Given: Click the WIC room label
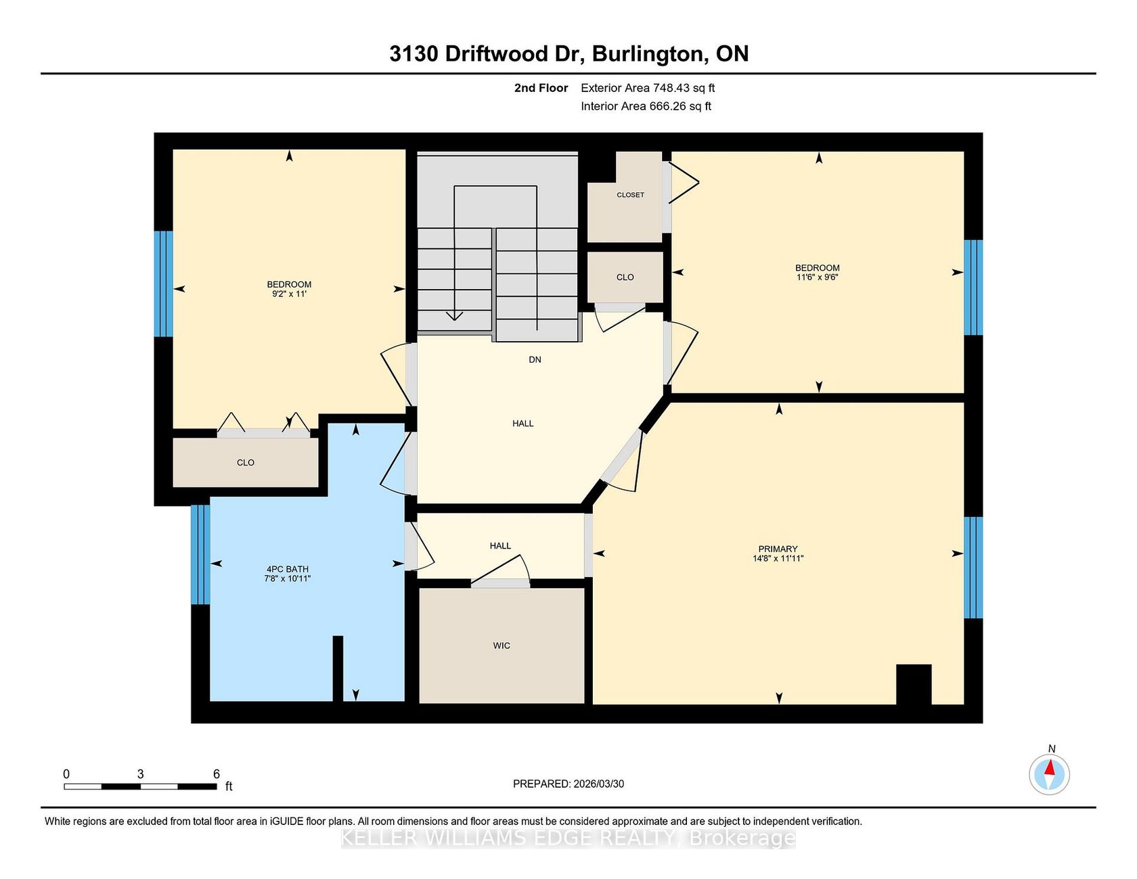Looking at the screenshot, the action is click(x=501, y=646).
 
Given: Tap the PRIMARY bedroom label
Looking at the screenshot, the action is click(x=778, y=549).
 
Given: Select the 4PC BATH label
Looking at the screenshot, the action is click(x=288, y=569).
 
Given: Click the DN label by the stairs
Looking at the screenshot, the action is click(x=535, y=359).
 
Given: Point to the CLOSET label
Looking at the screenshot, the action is click(x=630, y=195).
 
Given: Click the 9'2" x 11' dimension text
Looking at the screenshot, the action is click(x=289, y=294).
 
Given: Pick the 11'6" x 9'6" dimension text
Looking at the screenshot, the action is click(x=818, y=277).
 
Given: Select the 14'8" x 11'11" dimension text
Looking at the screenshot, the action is click(x=778, y=558).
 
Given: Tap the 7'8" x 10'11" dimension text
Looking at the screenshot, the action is click(x=288, y=579).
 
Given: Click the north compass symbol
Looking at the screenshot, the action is click(x=1050, y=774).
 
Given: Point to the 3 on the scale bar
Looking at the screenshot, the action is click(x=140, y=774).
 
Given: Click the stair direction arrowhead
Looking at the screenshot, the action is click(x=454, y=315).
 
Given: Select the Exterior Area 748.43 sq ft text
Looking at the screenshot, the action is click(x=648, y=88).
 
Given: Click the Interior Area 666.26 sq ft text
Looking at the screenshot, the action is click(x=646, y=106).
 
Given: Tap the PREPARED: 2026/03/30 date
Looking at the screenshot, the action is click(x=568, y=784).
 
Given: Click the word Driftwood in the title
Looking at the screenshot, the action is click(x=496, y=54).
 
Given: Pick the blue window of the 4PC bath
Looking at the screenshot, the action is click(x=200, y=554).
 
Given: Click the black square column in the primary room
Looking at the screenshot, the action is click(x=914, y=685).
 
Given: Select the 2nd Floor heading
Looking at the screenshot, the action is click(x=541, y=88).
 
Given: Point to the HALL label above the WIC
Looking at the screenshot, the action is click(x=500, y=545).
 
